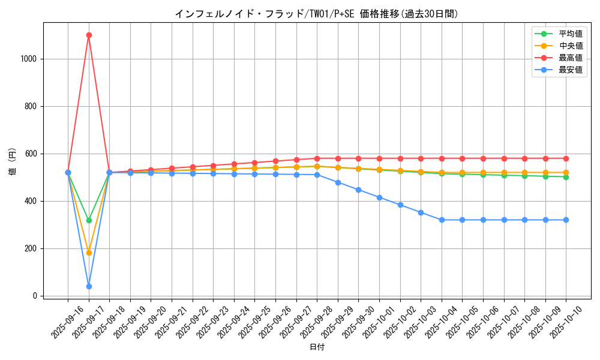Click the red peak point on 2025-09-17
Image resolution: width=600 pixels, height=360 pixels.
(89, 35)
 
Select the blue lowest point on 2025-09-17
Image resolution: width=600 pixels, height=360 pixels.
(89, 286)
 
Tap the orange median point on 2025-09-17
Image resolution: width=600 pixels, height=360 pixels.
(89, 253)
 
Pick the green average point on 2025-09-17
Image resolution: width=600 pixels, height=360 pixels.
(89, 220)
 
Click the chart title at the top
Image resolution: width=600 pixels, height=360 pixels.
(316, 14)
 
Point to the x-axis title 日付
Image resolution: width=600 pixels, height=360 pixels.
(316, 347)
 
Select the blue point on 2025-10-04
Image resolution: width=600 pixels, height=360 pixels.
(442, 220)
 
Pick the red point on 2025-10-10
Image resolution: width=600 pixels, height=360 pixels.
(566, 158)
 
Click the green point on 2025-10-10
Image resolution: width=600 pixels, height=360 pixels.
(566, 177)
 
